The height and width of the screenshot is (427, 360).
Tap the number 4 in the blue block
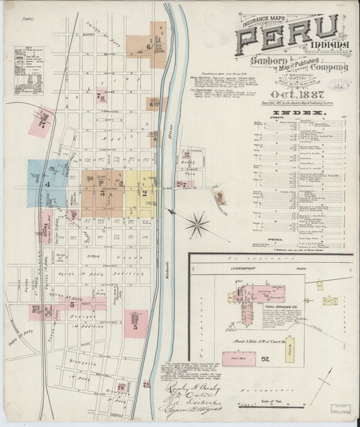(47, 184)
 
